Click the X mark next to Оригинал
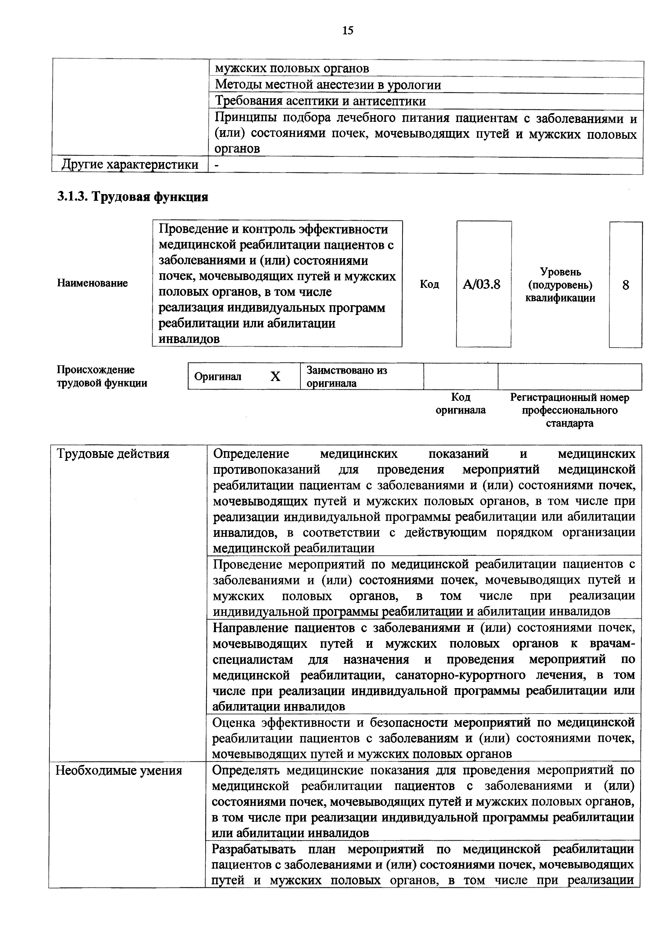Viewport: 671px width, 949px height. (275, 376)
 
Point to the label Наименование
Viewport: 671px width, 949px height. (92, 283)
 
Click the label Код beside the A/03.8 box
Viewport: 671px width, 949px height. (429, 284)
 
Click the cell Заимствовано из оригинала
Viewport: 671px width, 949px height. (346, 376)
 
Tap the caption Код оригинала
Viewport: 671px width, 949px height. (461, 403)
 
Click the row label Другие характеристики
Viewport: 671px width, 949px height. (130, 165)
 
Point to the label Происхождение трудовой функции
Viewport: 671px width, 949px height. (102, 376)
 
